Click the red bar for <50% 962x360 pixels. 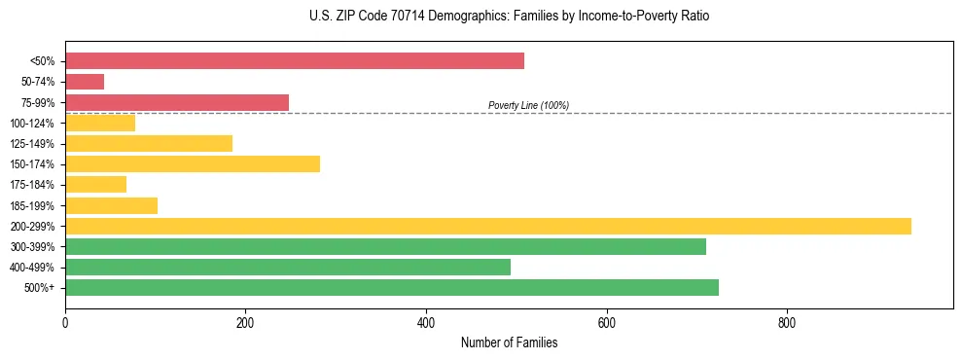pyautogui.click(x=295, y=61)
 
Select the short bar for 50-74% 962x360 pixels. pyautogui.click(x=85, y=82)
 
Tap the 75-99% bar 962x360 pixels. pyautogui.click(x=177, y=102)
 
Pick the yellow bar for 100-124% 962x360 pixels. pyautogui.click(x=100, y=123)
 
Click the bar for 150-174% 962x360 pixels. pyautogui.click(x=193, y=163)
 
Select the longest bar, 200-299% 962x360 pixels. pyautogui.click(x=488, y=226)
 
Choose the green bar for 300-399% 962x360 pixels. pyautogui.click(x=385, y=246)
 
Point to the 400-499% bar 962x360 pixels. pyautogui.click(x=288, y=267)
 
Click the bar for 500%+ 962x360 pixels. pyautogui.click(x=392, y=287)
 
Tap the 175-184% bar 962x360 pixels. pyautogui.click(x=95, y=184)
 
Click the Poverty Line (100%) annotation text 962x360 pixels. pyautogui.click(x=528, y=105)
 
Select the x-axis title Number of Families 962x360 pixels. pyautogui.click(x=509, y=342)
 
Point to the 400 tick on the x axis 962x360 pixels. pyautogui.click(x=426, y=322)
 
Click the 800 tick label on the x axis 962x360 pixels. pyautogui.click(x=787, y=322)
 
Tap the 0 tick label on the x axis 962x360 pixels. pyautogui.click(x=65, y=322)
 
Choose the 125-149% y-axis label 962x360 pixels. pyautogui.click(x=32, y=144)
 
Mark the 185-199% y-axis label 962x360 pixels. pyautogui.click(x=32, y=205)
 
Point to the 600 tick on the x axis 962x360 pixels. pyautogui.click(x=606, y=322)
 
